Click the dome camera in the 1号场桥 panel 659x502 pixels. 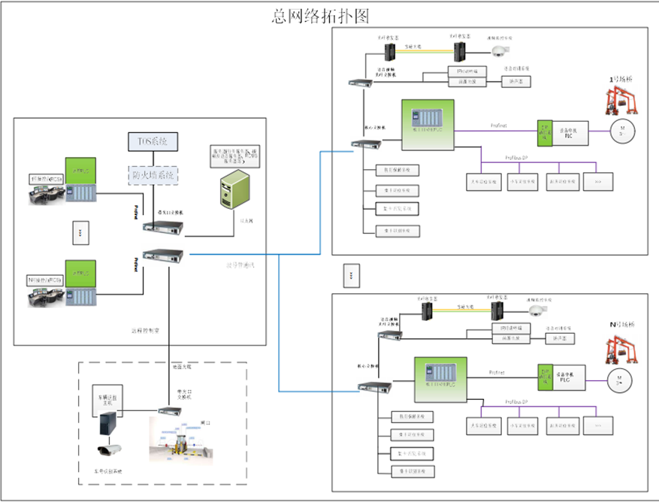pyautogui.click(x=500, y=51)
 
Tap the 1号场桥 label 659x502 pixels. pyautogui.click(x=622, y=78)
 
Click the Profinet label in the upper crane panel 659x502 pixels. pyautogui.click(x=498, y=125)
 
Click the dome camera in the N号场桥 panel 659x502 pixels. pyautogui.click(x=535, y=311)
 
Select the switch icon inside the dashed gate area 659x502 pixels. pyautogui.click(x=167, y=410)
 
